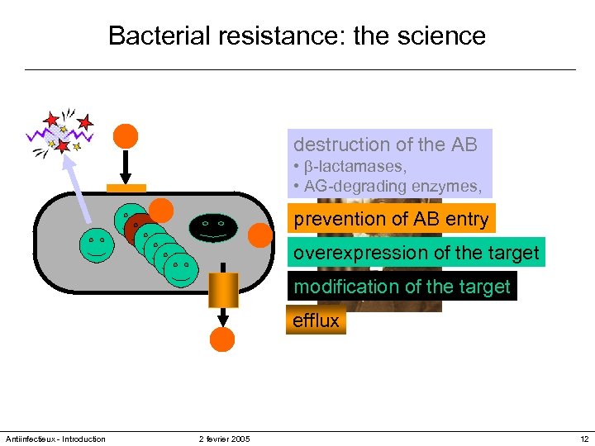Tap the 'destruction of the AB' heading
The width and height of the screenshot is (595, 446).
(x=385, y=145)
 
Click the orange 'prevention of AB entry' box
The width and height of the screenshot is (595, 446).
(x=391, y=220)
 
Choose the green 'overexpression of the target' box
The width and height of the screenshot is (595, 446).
(x=416, y=253)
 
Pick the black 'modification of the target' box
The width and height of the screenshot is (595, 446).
(x=402, y=287)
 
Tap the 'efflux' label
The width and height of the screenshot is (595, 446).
(x=316, y=320)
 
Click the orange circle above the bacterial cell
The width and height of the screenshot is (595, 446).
(x=126, y=135)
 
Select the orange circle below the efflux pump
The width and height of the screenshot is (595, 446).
(x=222, y=339)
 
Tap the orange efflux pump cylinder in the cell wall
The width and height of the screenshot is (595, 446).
(x=223, y=289)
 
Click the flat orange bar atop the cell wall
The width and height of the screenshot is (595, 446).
(x=126, y=187)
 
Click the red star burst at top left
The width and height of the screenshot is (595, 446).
(x=60, y=133)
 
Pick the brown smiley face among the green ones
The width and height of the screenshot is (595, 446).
(x=136, y=226)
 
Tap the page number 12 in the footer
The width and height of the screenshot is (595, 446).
(x=584, y=439)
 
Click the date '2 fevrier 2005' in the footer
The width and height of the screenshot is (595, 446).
(x=224, y=439)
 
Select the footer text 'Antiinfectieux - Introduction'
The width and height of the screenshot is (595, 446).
(x=55, y=439)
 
